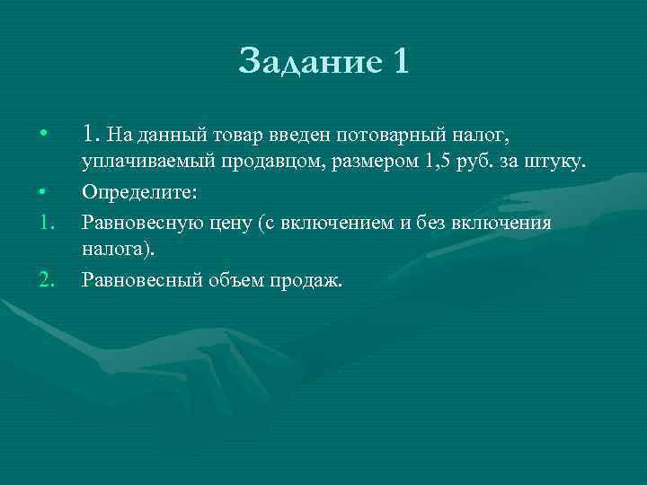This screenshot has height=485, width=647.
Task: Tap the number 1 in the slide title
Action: point(400,62)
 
